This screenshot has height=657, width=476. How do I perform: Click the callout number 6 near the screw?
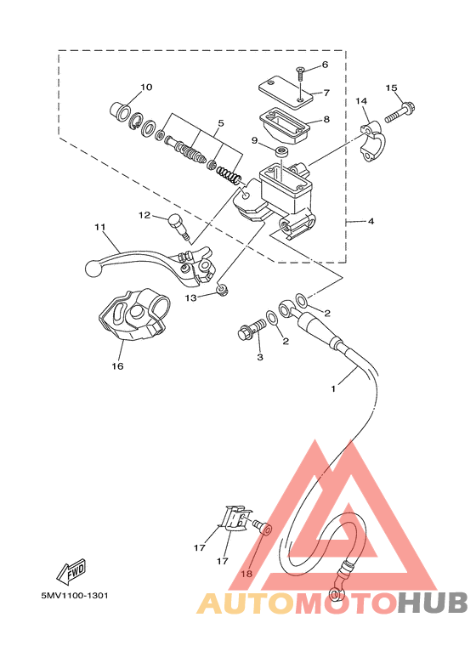coord(325,65)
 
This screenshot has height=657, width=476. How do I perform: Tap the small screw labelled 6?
coord(301,74)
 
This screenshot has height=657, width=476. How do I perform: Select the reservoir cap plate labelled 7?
coord(286,89)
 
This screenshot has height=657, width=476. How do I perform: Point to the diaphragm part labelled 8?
coord(284,125)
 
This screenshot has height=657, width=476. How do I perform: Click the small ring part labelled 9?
coord(281,151)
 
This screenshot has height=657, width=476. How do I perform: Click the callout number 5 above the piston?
coord(221,123)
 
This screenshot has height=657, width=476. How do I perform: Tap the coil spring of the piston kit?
coord(229,175)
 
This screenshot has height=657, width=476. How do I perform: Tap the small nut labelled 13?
coord(222,289)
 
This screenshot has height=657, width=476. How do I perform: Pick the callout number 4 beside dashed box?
coord(371,221)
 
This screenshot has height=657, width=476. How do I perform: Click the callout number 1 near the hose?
coord(333,388)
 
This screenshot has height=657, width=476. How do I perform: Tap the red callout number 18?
coord(246,574)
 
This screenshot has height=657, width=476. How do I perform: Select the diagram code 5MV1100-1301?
coord(75,596)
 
